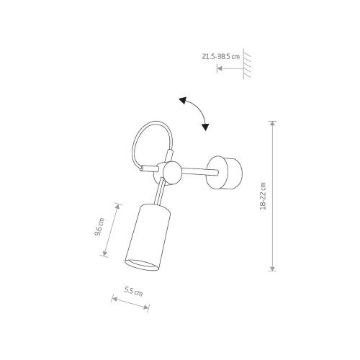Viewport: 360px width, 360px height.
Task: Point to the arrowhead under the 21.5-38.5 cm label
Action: tap(220, 69)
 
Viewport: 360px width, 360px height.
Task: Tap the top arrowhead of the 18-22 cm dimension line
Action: tap(272, 124)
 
